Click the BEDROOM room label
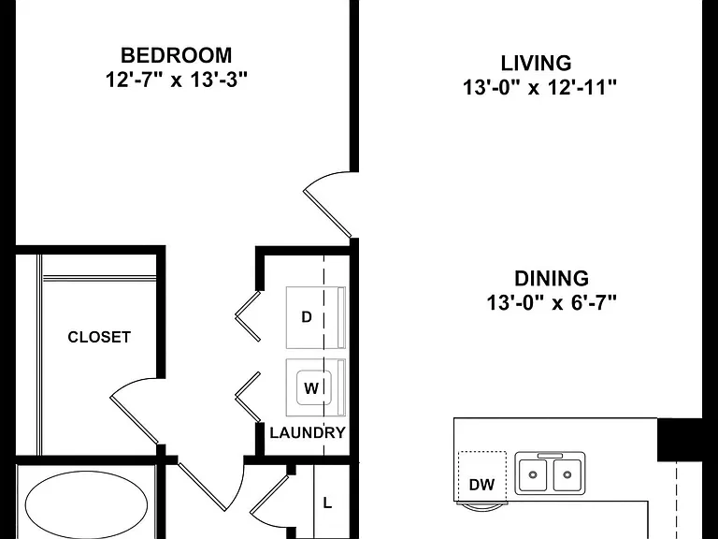(177, 55)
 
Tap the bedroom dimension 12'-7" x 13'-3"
(177, 80)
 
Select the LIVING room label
(536, 64)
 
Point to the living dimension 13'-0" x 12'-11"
(539, 87)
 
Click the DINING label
(552, 279)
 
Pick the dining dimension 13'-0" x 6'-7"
(552, 302)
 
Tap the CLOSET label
(99, 337)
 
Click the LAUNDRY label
(308, 432)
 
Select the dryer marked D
(315, 317)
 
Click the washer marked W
(315, 388)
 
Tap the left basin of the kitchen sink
(533, 474)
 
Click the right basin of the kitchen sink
(567, 474)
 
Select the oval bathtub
(87, 505)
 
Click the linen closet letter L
(327, 503)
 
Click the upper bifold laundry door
(248, 315)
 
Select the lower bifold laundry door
(248, 397)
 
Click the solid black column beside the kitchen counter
(680, 440)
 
